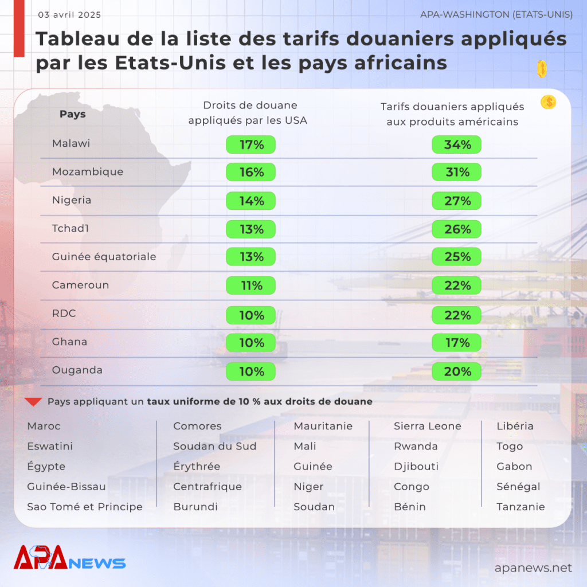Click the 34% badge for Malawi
[x=456, y=144]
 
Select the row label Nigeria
[x=72, y=200]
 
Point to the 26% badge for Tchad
[x=456, y=229]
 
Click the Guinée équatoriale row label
[x=104, y=257]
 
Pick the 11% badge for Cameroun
[x=251, y=285]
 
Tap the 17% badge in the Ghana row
[x=456, y=343]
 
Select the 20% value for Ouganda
[x=456, y=371]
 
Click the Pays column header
[x=73, y=114]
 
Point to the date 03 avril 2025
[x=69, y=14]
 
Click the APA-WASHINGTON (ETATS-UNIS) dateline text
[x=496, y=14]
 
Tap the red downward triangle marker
[x=33, y=402]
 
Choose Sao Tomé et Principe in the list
[x=85, y=507]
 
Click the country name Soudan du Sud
[x=215, y=446]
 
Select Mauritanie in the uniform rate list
[x=323, y=426]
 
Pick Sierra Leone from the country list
[x=428, y=426]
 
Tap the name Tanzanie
[x=521, y=507]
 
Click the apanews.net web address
[x=534, y=568]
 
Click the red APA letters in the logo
[x=41, y=557]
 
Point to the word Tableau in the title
[x=77, y=39]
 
